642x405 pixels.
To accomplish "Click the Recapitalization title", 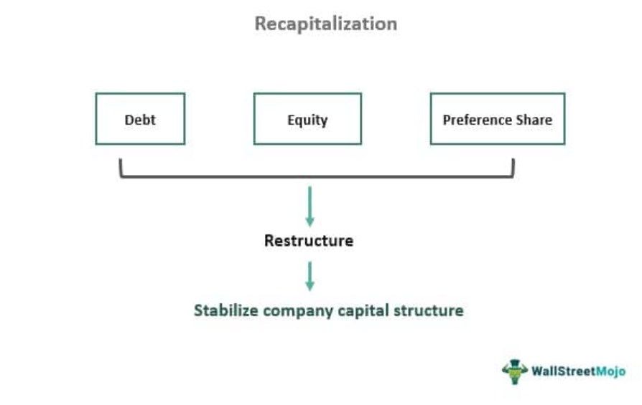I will [x=325, y=24].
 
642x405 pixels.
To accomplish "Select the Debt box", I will [x=140, y=118].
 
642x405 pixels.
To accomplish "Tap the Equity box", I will [x=307, y=118].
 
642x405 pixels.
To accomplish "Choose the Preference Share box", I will [x=497, y=118].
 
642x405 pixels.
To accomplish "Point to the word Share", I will [x=534, y=119].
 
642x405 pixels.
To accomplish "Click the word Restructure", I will [x=309, y=240].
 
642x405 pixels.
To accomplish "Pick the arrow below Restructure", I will [x=310, y=275].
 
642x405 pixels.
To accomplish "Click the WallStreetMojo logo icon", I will [x=514, y=371].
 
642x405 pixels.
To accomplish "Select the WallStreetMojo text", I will [x=578, y=371].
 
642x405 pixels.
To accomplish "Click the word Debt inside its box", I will [x=140, y=119].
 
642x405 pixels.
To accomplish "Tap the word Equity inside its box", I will [x=307, y=119].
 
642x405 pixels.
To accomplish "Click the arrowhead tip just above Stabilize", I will [x=310, y=290].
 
